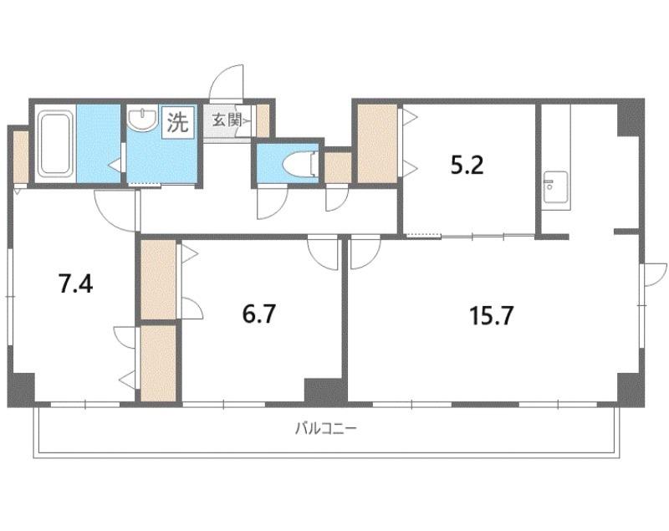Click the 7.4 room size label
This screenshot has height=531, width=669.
coord(76,284)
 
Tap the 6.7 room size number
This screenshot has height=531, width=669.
coord(259,314)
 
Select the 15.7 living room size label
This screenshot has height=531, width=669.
coord(491,316)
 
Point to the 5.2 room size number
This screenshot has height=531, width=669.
coord(467,166)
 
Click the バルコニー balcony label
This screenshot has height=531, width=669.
coord(325,428)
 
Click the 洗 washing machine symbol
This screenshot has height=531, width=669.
coord(177,122)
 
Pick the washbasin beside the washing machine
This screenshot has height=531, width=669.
coord(142,118)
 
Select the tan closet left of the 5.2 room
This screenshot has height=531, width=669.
coord(377,144)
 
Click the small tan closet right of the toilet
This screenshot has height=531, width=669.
coord(338,167)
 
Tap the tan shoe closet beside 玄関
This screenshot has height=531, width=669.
coord(263,120)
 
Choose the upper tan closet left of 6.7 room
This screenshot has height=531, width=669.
coord(158,279)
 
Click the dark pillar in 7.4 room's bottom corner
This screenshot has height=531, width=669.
coord(21,390)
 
